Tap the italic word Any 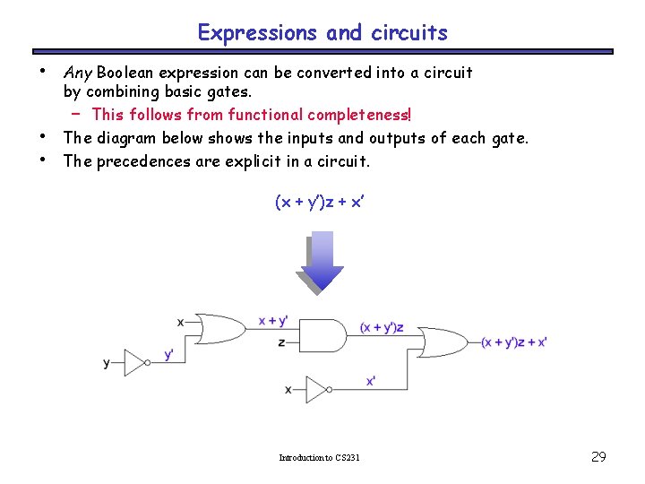(x=78, y=72)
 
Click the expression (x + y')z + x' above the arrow (x=320, y=203)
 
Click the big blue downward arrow (x=322, y=261)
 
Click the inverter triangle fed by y (x=136, y=363)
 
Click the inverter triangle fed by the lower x (x=318, y=389)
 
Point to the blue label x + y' (x=272, y=321)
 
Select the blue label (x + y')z (x=381, y=327)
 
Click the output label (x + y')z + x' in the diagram (x=513, y=341)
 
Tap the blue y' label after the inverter (x=168, y=354)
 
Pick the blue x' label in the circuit (x=371, y=381)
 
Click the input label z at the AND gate (x=282, y=342)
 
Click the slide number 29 (x=598, y=457)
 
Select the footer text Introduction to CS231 (x=319, y=458)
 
